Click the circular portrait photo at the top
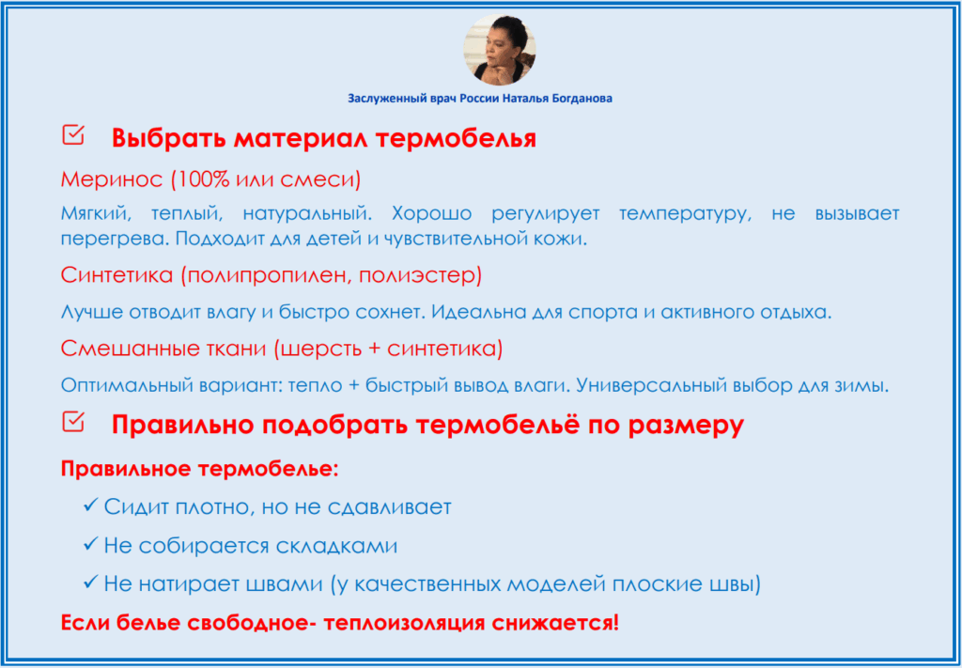499,49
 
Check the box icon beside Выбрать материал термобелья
73,134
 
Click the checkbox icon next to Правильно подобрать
73,422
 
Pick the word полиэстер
417,275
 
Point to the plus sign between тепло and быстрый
353,386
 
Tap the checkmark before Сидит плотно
90,505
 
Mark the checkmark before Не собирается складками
90,544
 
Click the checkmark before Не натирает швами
90,583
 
